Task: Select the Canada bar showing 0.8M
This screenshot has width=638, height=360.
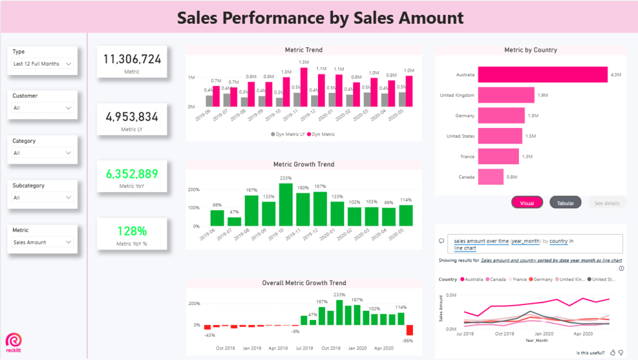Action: [x=491, y=177]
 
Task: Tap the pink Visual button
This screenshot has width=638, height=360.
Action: [x=527, y=203]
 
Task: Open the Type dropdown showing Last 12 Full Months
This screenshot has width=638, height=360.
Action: [x=42, y=64]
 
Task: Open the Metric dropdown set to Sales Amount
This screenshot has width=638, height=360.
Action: [x=42, y=242]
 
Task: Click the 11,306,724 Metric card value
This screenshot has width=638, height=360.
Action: [x=132, y=59]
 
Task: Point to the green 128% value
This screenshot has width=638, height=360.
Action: [x=132, y=231]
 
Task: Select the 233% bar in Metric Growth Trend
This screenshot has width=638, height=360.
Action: [x=286, y=204]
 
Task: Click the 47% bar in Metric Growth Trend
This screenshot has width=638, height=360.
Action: [x=234, y=221]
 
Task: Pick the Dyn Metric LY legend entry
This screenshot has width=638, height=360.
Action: [x=289, y=134]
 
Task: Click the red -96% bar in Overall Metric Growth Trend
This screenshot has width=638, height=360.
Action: [x=410, y=331]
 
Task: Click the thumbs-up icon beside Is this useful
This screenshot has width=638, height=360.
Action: [x=612, y=353]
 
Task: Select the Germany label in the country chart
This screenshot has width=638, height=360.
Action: [x=465, y=115]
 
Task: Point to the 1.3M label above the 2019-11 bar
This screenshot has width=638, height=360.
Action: [x=304, y=62]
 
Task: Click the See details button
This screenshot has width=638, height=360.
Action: [x=607, y=203]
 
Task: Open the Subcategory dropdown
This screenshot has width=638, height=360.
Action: [x=42, y=198]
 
